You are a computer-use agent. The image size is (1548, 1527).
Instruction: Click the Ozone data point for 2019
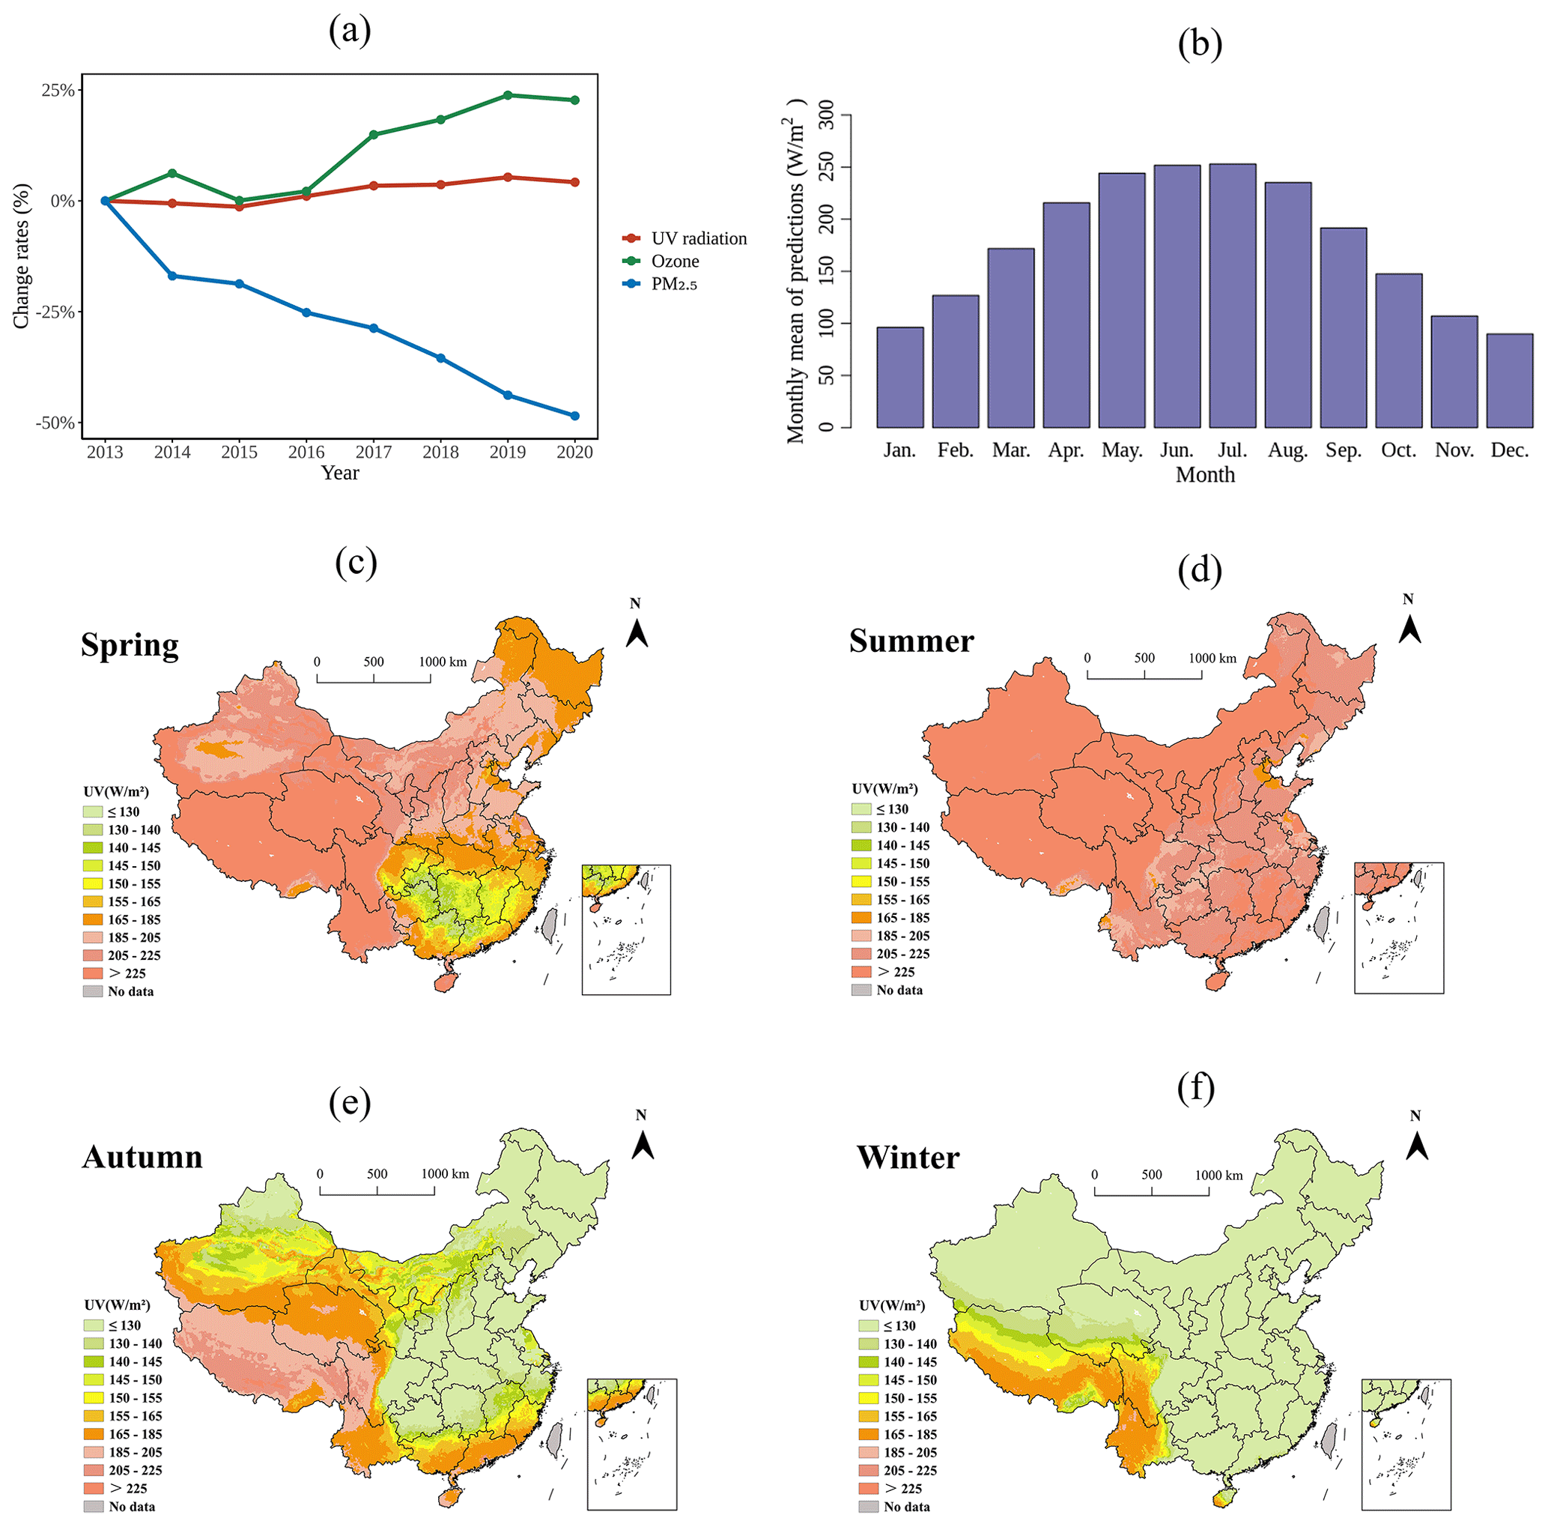(508, 95)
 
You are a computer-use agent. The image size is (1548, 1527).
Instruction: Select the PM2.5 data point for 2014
(172, 276)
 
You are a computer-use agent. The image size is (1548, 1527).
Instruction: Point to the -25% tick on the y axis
(57, 312)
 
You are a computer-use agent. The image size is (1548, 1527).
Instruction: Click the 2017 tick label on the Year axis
(374, 452)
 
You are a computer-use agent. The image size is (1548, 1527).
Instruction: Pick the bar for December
(1510, 380)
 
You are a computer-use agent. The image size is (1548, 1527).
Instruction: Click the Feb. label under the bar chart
(955, 450)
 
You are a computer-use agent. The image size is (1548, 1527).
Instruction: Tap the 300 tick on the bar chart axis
(826, 115)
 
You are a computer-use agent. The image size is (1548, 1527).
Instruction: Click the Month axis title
(1205, 475)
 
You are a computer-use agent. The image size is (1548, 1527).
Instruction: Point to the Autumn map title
(142, 1158)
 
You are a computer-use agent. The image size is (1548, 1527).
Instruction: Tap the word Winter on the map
(908, 1158)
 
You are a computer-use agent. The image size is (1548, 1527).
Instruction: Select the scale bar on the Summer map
(1144, 674)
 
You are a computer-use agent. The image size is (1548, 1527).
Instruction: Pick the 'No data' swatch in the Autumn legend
(93, 1506)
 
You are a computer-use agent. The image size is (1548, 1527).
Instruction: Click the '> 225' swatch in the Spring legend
(93, 973)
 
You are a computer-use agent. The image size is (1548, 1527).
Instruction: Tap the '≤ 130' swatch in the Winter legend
(869, 1325)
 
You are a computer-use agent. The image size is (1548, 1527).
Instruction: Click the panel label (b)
(1200, 44)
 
